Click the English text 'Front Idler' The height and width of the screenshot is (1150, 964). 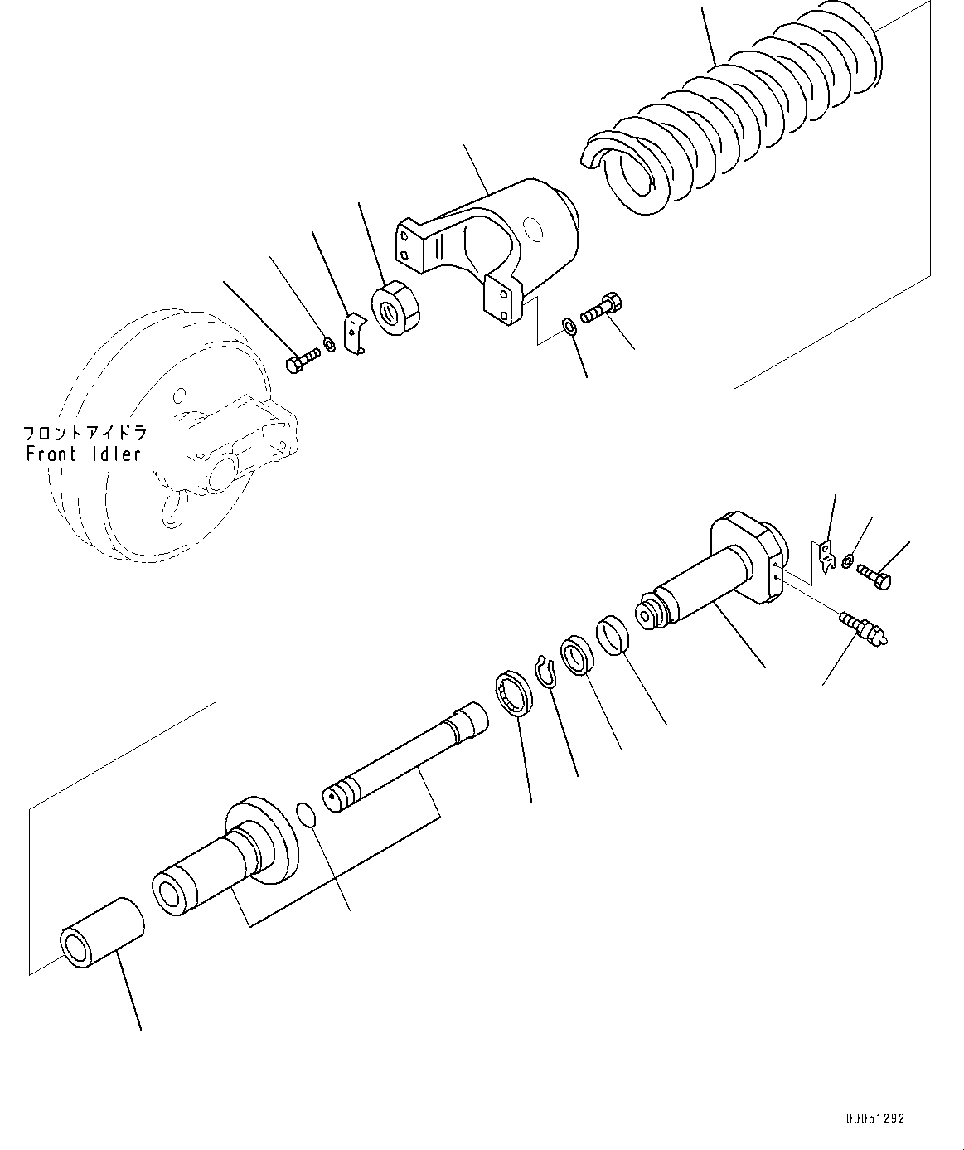pos(84,454)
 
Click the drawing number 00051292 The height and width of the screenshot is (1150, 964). pos(875,1118)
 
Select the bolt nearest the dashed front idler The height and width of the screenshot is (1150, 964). pos(303,361)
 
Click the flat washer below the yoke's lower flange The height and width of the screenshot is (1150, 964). pos(568,325)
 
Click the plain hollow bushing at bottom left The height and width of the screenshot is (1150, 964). pos(101,933)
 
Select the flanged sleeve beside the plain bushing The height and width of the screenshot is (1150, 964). pos(224,862)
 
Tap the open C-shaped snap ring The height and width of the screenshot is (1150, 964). pos(546,671)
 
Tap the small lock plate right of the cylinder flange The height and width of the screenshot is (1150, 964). pos(826,556)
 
